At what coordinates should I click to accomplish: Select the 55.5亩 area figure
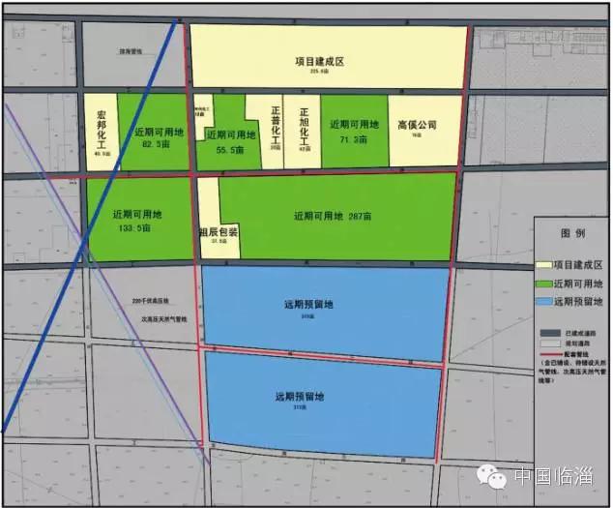pos(227,151)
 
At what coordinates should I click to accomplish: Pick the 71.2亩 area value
pos(353,140)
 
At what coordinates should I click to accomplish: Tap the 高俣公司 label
pos(418,125)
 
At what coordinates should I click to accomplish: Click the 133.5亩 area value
pos(135,229)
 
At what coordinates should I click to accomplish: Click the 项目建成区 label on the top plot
pos(321,61)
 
